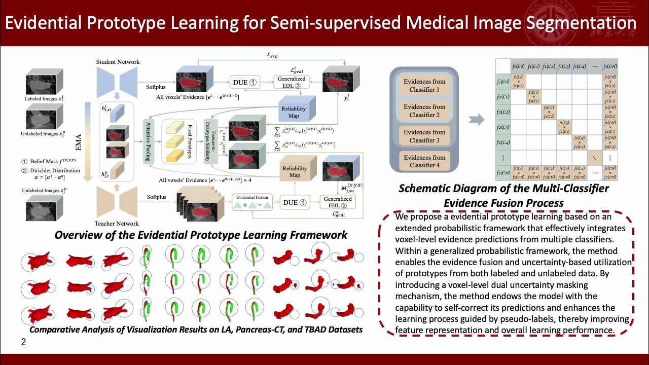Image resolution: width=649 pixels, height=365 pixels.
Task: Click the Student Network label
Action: point(118,62)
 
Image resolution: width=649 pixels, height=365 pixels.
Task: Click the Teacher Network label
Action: point(117,224)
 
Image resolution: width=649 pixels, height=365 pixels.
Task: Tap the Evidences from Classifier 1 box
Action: point(424,86)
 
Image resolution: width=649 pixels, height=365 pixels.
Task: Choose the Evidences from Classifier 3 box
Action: point(424,136)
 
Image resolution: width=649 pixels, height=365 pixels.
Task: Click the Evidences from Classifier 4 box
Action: point(424,161)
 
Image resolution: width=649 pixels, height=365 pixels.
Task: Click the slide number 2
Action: point(23,342)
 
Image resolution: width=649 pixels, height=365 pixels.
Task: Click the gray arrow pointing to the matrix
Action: point(477,120)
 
